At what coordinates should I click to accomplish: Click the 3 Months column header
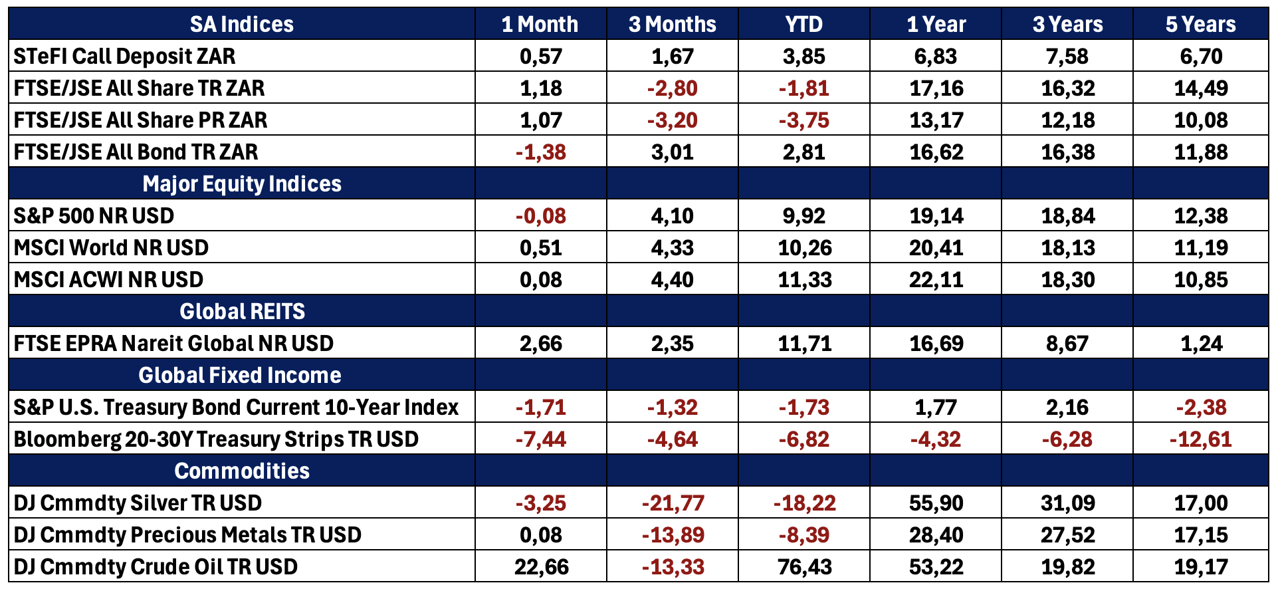pos(673,25)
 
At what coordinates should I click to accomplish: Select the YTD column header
pos(803,25)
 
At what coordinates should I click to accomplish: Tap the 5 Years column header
pos(1200,25)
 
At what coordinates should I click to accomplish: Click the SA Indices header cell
pos(242,25)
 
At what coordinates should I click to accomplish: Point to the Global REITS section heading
pos(242,311)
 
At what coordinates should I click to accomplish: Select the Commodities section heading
pos(242,471)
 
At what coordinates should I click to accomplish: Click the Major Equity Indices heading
pos(242,183)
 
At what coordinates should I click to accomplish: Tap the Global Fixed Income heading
pos(240,375)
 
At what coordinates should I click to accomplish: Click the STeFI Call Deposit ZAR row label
pos(124,57)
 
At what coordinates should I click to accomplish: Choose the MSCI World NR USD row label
pos(111,247)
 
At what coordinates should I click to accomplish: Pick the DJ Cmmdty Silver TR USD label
pos(138,503)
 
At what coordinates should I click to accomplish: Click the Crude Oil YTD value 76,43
pos(804,567)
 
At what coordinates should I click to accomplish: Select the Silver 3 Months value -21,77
pos(673,503)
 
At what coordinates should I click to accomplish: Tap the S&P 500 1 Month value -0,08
pos(541,216)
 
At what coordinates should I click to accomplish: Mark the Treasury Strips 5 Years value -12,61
pos(1200,439)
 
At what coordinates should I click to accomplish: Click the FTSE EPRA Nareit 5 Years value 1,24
pos(1202,344)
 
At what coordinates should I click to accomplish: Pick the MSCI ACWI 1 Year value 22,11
pos(936,280)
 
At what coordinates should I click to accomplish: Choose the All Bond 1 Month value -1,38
pos(541,152)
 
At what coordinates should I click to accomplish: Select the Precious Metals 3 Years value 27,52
pos(1068,535)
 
